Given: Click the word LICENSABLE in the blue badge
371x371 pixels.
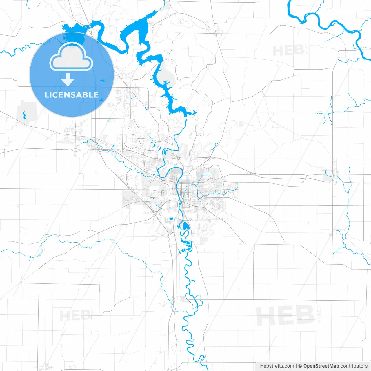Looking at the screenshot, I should tap(72, 95).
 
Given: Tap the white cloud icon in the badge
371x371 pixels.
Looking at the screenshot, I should tap(71, 58).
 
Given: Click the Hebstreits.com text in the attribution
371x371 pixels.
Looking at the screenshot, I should tap(277, 366).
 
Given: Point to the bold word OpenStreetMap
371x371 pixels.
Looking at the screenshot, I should tap(321, 366).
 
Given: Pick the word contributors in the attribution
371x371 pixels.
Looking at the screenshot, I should tap(354, 366).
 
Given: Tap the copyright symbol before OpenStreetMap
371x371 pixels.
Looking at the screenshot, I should tap(300, 366).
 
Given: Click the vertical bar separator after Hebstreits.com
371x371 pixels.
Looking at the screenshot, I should tap(297, 366).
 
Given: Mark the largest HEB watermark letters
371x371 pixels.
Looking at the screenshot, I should tap(285, 316).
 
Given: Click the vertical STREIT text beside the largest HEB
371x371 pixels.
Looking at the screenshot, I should tap(319, 313).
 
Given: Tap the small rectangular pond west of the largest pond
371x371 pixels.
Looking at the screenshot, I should tap(171, 218).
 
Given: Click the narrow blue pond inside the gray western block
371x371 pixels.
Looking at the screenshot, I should tap(24, 115).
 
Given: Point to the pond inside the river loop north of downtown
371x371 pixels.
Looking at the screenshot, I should tap(165, 152).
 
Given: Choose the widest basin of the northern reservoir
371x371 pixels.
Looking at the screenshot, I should tap(136, 28).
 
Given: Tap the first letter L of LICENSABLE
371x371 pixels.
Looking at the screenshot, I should tap(46, 95).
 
